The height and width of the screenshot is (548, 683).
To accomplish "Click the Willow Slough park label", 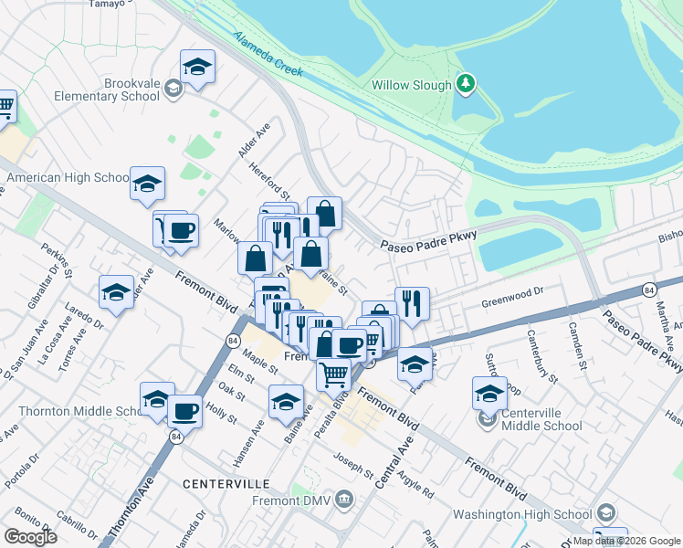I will pos(411,86).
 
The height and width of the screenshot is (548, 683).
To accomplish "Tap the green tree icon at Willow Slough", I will pos(466,85).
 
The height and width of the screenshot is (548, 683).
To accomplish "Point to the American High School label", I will pos(67,178).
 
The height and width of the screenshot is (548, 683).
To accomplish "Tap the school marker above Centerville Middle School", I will pos(489,394).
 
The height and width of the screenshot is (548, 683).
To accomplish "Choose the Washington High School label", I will pos(529,514).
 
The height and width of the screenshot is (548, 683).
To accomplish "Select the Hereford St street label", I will pos(271,182).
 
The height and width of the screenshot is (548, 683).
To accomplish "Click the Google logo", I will pos(30,537).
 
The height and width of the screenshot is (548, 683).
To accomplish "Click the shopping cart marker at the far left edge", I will pos(5,107).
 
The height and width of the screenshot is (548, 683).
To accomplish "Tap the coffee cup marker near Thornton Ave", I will pos(185,411).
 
